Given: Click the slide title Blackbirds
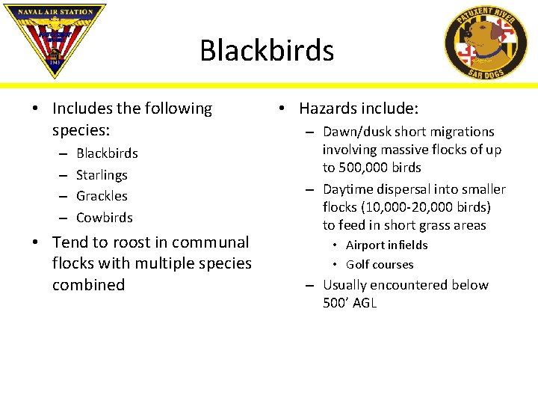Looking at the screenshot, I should tap(267, 50).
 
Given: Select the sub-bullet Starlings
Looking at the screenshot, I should tap(102, 174).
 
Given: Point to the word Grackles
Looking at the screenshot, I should tap(102, 196).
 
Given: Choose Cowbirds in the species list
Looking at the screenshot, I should tap(104, 218).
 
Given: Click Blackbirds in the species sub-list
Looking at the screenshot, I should tap(107, 153).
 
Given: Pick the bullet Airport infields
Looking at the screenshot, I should tap(386, 245).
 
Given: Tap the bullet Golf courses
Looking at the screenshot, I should tap(380, 264).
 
